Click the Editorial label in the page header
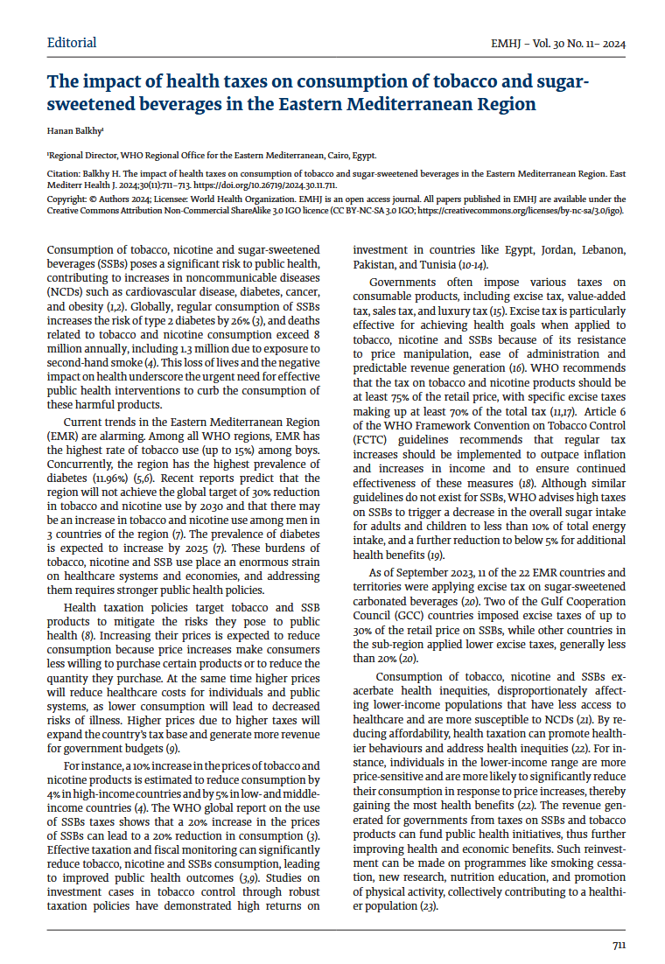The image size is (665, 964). (x=72, y=43)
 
